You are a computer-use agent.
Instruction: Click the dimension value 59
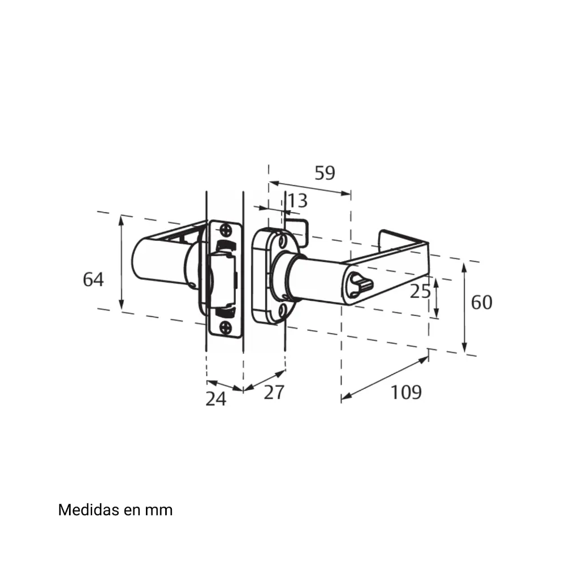coord(325,173)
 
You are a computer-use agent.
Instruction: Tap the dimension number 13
coord(297,201)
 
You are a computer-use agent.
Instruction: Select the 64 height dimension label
coord(93,279)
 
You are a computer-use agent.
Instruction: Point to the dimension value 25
coord(420,291)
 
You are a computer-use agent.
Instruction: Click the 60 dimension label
coord(482,303)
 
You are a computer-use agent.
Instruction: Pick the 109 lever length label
coord(406,392)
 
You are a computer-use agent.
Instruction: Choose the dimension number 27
coord(274,392)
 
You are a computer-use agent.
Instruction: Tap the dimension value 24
coord(215,399)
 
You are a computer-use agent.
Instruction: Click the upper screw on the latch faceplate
coord(226,231)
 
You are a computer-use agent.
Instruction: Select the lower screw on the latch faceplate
coord(225,327)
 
